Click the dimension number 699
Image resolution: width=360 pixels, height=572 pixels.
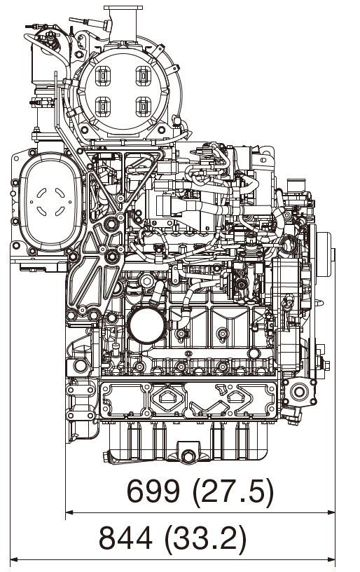tap(154, 492)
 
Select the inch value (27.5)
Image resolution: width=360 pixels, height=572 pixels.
tap(233, 492)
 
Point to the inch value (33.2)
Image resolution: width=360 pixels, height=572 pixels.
tap(205, 538)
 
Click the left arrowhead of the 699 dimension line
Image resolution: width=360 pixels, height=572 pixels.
tap(69, 512)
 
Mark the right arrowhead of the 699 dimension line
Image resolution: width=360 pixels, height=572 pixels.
tap(332, 512)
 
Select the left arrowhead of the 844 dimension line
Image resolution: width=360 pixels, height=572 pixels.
tap(13, 559)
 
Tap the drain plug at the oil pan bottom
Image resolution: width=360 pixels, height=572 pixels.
tap(187, 457)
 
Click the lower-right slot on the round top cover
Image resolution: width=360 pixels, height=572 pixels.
tap(144, 107)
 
